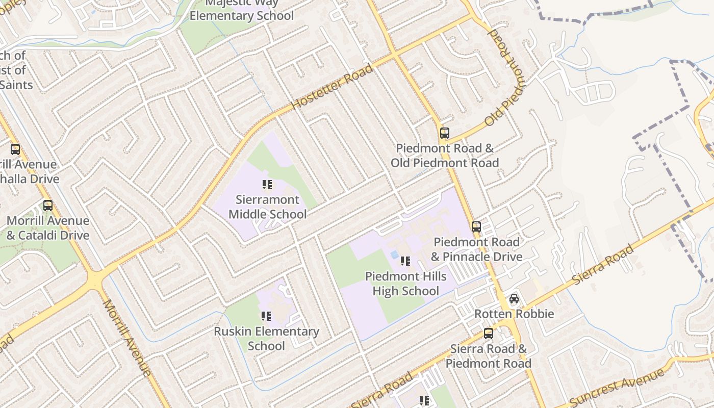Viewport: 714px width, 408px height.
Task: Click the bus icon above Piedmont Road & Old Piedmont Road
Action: click(x=444, y=133)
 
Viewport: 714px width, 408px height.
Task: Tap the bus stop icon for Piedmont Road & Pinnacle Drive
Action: click(x=476, y=227)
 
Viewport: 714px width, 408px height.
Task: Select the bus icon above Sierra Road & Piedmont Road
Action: click(x=488, y=334)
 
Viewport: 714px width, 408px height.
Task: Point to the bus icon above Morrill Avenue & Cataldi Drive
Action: click(x=47, y=206)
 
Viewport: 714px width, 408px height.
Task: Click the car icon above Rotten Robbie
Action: click(x=514, y=299)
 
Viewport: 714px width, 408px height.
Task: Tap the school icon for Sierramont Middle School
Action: click(x=267, y=185)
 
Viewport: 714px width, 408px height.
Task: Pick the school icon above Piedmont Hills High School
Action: click(x=405, y=262)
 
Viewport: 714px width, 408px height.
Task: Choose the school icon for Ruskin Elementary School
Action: click(x=266, y=317)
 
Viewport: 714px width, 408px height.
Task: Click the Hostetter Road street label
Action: click(x=332, y=87)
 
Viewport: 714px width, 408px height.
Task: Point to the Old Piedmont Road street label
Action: click(x=504, y=78)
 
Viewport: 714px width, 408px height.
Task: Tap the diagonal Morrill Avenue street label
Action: click(x=127, y=338)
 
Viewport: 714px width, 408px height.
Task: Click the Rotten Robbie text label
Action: click(x=514, y=314)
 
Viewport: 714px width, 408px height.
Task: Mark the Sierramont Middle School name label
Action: click(x=267, y=207)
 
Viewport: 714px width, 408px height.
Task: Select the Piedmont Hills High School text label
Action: click(x=405, y=284)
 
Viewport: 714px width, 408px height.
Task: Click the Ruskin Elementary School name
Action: click(x=266, y=339)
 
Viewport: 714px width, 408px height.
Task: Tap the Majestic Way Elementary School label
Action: click(x=242, y=10)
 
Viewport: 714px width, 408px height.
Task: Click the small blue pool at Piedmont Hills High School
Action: click(x=394, y=254)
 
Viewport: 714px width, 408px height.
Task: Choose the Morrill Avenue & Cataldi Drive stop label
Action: click(x=48, y=228)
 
